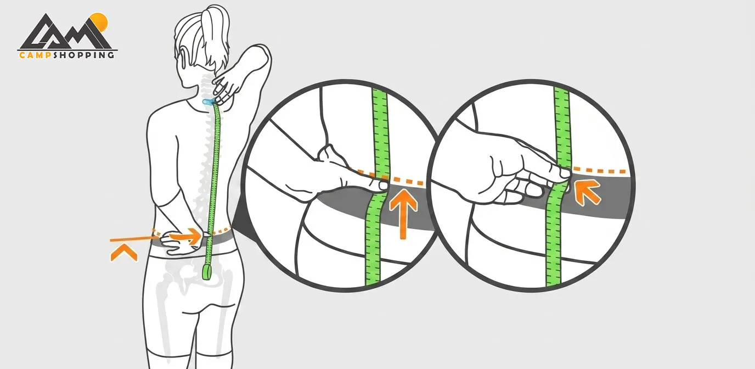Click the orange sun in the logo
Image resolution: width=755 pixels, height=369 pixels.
(100, 21)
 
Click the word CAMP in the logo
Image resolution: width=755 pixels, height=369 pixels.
(35, 55)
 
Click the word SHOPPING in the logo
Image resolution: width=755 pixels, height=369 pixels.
(83, 55)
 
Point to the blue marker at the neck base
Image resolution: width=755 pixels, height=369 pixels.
(207, 101)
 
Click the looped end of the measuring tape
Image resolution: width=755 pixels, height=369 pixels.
(207, 272)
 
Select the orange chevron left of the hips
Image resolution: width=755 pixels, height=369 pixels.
(123, 253)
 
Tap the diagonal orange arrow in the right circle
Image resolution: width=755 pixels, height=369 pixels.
(587, 192)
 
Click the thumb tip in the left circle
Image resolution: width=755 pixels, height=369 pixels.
(383, 185)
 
